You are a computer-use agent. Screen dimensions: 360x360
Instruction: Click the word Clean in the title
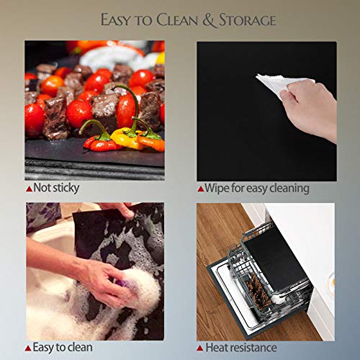coord(177,20)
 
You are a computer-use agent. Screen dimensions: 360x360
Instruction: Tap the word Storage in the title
coord(248,20)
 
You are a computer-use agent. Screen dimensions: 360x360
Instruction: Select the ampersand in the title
coord(209,20)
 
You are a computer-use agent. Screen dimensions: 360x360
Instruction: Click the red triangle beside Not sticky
coord(29,189)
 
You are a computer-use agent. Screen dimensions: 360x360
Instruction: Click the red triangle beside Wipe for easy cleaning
coord(201,189)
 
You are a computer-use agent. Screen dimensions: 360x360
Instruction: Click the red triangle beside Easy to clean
coord(28,348)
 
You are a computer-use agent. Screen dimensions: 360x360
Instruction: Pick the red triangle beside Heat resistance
coord(200,348)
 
